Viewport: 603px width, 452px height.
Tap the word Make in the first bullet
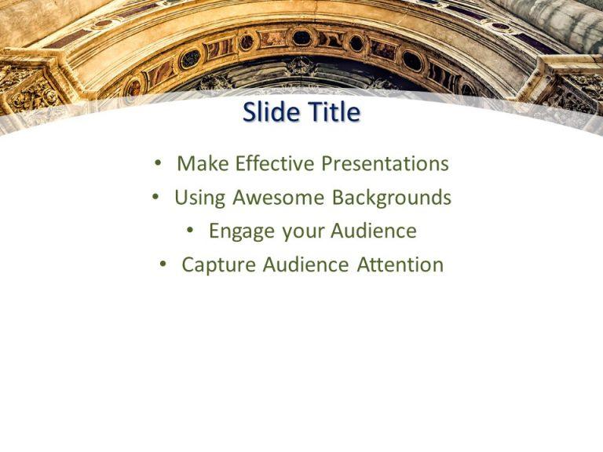(x=198, y=163)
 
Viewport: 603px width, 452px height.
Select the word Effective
(x=265, y=163)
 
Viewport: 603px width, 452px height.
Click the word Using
(x=200, y=198)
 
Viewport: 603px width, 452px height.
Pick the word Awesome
(x=279, y=197)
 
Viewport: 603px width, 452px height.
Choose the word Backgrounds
(x=392, y=198)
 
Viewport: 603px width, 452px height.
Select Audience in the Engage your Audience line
(x=373, y=231)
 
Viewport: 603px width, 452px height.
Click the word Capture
(x=218, y=265)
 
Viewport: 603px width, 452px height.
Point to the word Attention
(x=400, y=264)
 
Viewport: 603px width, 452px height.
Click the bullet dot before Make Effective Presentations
(x=159, y=164)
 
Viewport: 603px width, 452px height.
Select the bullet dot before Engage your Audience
(x=191, y=231)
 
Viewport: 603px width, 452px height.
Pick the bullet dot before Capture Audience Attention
(x=163, y=265)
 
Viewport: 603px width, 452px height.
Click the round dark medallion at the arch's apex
(x=301, y=37)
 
